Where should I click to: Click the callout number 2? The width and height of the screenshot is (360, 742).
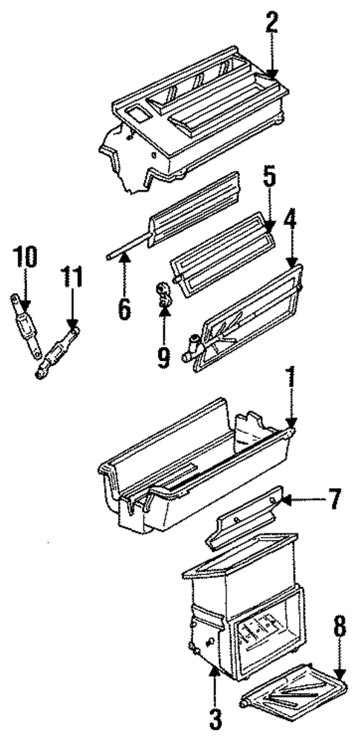(272, 22)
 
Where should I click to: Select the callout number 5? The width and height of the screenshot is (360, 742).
(269, 180)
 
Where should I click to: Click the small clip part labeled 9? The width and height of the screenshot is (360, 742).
(163, 294)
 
